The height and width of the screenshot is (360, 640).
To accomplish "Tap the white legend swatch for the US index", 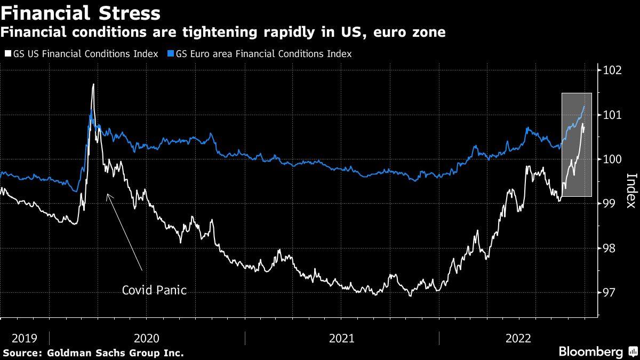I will point(7,54).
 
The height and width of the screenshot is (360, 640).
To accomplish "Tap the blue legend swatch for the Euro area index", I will point(170,54).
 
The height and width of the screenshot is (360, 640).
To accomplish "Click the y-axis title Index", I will point(630,190).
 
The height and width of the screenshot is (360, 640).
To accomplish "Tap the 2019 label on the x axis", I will point(24,338).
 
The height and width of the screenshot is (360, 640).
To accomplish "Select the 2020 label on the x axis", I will point(147,338).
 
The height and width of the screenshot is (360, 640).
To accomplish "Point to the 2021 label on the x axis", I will point(342,338).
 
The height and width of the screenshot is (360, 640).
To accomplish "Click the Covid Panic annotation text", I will point(155,290).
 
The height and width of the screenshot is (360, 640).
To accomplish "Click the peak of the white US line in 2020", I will point(93,84).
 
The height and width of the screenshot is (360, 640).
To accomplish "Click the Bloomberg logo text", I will point(590,351).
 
